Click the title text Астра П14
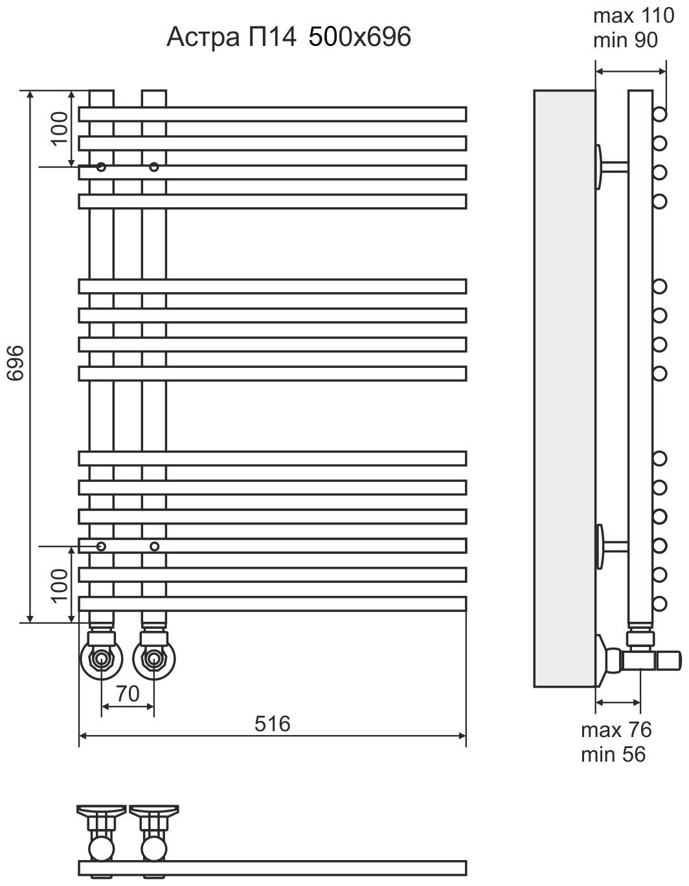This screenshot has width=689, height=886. (231, 38)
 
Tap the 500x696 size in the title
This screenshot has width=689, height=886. (359, 38)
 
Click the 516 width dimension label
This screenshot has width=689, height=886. (272, 723)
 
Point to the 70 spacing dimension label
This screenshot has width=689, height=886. (128, 694)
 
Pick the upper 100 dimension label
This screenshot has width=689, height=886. (60, 128)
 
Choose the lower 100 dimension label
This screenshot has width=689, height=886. (60, 585)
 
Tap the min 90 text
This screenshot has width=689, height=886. (625, 40)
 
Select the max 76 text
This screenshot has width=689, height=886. (616, 730)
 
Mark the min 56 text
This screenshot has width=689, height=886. (613, 754)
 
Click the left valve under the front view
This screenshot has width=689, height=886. (100, 659)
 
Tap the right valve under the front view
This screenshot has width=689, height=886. (153, 659)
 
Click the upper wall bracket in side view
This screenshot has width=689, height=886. (609, 166)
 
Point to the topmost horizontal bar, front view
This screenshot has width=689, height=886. (272, 114)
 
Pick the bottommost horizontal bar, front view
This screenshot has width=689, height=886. (272, 604)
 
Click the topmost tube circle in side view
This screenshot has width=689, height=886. (660, 115)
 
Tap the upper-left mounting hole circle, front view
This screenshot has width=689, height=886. (100, 167)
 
